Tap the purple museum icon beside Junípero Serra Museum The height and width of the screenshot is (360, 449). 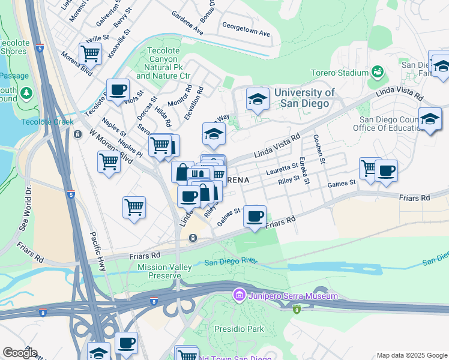coord(238,295)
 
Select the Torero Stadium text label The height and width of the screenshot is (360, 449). coord(340,73)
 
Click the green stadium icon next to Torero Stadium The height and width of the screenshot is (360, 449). coord(378,73)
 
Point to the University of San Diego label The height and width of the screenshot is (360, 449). coord(302,98)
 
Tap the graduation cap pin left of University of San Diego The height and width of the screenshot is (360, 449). coord(258,100)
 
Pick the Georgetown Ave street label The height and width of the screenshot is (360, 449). coord(246,29)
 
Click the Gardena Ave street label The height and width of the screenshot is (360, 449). coord(187,22)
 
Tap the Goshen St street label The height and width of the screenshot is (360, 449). coord(319,148)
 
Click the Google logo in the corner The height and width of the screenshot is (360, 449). coord(20,353)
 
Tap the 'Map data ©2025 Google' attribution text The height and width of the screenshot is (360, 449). coord(411,355)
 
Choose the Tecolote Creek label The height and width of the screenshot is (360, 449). coord(39,122)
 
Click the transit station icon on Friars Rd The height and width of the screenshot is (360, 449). coord(193,238)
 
